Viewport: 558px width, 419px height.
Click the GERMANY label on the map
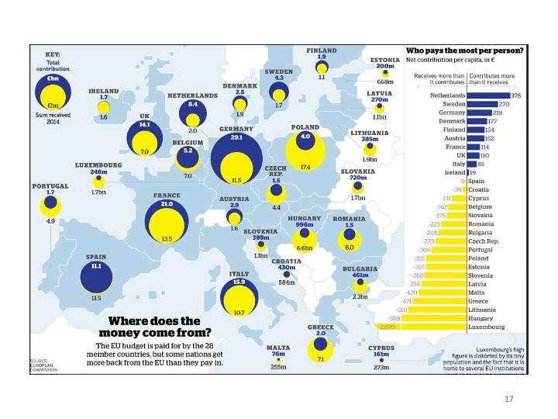236,129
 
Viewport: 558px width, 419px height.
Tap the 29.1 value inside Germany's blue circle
236,137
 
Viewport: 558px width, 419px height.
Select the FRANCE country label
167,196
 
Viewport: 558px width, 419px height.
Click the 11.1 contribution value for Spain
97,265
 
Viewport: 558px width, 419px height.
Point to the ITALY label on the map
239,274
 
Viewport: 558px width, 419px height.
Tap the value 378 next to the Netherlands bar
515,95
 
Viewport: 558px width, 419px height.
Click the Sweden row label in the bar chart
453,104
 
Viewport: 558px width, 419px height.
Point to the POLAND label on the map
305,127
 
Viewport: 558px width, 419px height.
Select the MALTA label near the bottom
278,348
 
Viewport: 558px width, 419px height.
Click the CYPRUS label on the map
381,348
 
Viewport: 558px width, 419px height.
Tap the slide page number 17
508,399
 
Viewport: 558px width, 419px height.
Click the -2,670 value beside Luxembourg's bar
387,327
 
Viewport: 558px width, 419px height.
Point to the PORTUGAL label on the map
50,186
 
